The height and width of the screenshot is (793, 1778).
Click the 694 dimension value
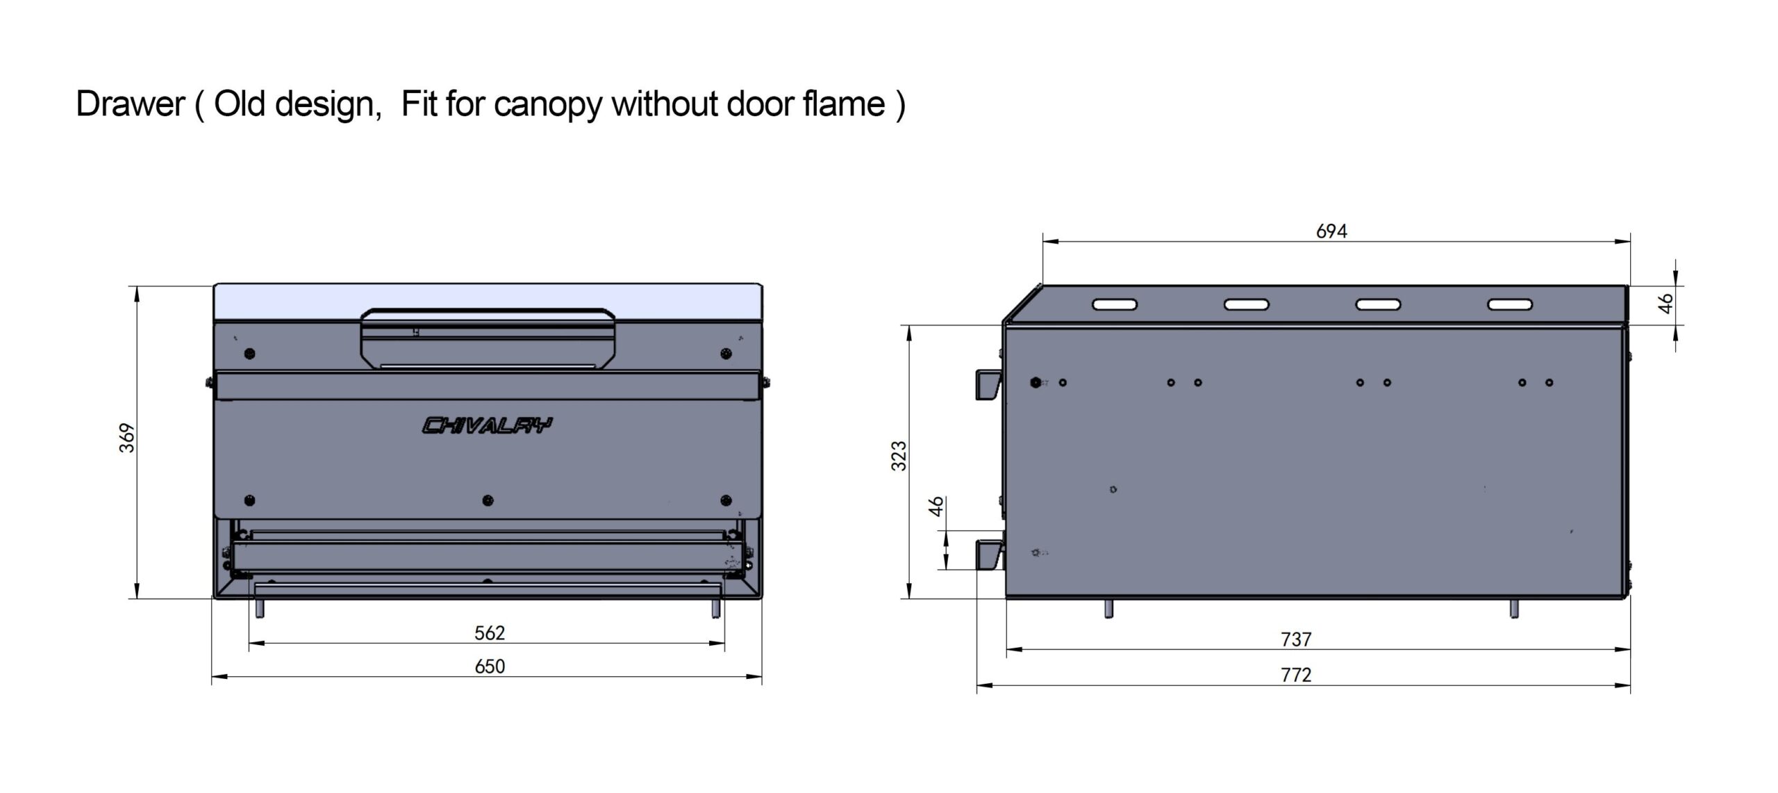(x=1331, y=231)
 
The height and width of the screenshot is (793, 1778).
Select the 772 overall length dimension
(x=1296, y=675)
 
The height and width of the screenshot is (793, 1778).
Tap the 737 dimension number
(x=1296, y=639)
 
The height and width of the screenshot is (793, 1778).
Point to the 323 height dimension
(x=899, y=456)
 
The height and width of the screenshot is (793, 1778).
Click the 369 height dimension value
(x=128, y=438)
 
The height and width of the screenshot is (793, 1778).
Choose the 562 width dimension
(x=490, y=633)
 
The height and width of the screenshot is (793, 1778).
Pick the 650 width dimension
(x=490, y=667)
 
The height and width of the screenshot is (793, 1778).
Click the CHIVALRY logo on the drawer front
(x=488, y=425)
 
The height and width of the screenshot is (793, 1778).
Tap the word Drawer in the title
(x=131, y=104)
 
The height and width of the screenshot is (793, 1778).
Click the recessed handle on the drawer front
(x=488, y=339)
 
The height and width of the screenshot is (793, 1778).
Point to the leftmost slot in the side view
(x=1115, y=304)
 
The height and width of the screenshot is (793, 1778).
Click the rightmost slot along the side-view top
(x=1509, y=304)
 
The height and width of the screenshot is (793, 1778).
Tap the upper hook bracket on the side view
(x=988, y=384)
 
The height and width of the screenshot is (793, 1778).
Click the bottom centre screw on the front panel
(x=488, y=500)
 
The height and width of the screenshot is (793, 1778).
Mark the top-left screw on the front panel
(x=250, y=353)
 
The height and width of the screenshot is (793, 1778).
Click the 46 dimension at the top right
(x=1666, y=304)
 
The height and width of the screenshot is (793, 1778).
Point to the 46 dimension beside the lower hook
(x=937, y=506)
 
